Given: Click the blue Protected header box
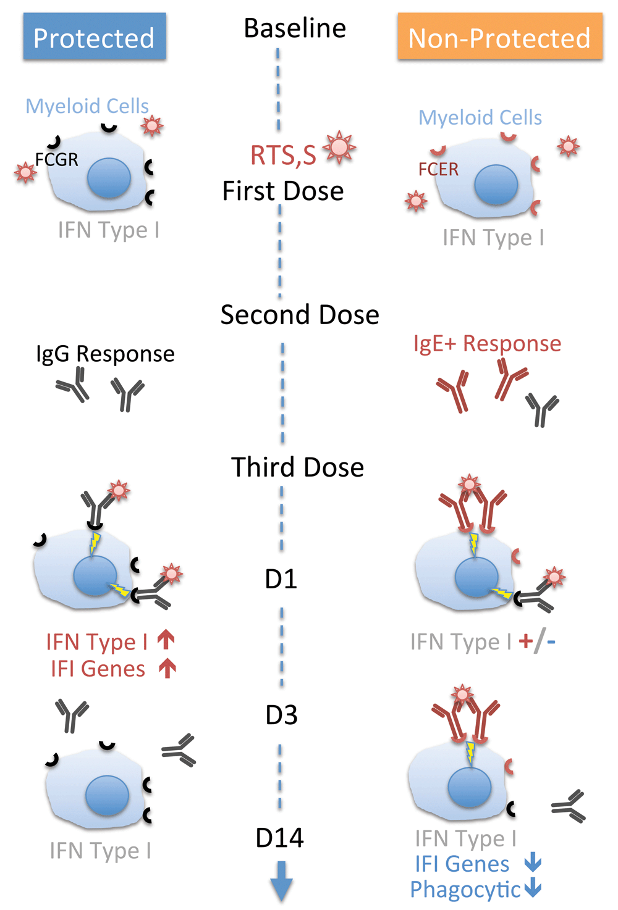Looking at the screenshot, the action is point(95,36).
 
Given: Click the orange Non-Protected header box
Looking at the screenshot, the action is point(500,36).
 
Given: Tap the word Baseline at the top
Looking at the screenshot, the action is point(295,28).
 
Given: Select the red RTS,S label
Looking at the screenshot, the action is point(283,155).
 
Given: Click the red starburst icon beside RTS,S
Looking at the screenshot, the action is point(339,147).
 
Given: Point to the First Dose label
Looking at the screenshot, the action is point(283,191).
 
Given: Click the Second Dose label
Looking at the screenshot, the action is point(300,315).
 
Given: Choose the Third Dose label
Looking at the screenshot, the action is point(297,467).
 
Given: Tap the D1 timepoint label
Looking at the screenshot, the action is point(281,579).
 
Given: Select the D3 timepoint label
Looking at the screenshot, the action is point(281,715).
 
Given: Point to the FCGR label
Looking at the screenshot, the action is point(56,160).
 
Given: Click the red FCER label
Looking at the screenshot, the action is point(439,169).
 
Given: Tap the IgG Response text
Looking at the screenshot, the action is point(105,354).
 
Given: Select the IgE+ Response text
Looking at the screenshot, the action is point(488,344).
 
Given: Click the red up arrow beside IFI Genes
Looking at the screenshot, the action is point(167,669).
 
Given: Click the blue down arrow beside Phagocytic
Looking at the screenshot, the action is point(533,888).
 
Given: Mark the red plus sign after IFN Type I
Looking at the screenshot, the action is point(526,641).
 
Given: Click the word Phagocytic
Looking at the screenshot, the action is point(465,890).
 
